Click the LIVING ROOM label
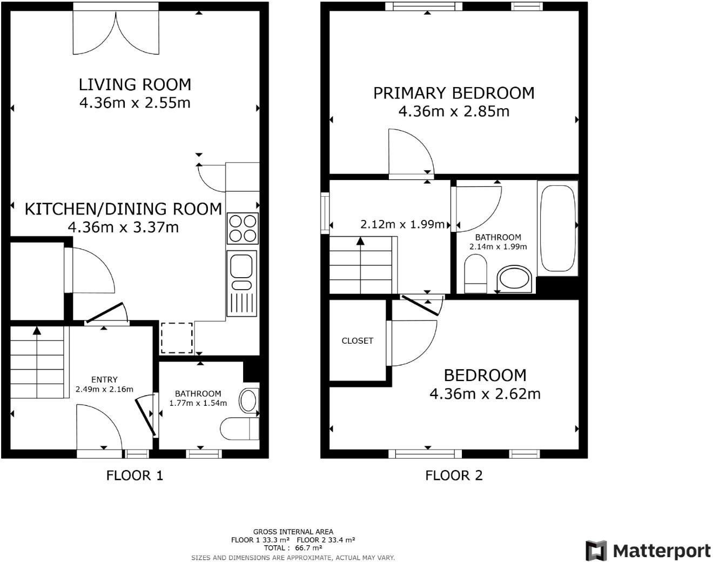pyautogui.click(x=134, y=84)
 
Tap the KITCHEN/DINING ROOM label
pyautogui.click(x=123, y=209)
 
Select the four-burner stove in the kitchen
pyautogui.click(x=243, y=229)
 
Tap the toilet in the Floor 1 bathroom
pyautogui.click(x=239, y=429)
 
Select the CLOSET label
pyautogui.click(x=357, y=340)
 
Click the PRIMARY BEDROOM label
pyautogui.click(x=454, y=93)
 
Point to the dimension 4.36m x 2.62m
pyautogui.click(x=485, y=394)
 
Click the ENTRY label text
pyautogui.click(x=104, y=379)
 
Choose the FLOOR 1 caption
pyautogui.click(x=134, y=476)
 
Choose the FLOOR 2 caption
pyautogui.click(x=454, y=476)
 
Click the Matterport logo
pyautogui.click(x=648, y=551)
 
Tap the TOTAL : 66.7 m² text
pyautogui.click(x=293, y=548)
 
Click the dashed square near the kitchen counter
pyautogui.click(x=177, y=338)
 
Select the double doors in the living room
pyautogui.click(x=116, y=32)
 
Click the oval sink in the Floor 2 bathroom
pyautogui.click(x=514, y=279)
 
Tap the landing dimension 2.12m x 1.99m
pyautogui.click(x=402, y=224)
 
